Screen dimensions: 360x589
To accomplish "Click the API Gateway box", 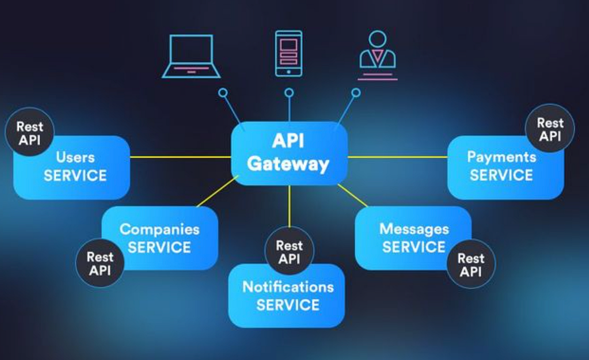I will coord(289,153).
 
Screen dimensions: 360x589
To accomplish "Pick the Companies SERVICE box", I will coord(160,238).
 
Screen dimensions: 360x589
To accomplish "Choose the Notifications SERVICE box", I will coord(287,297).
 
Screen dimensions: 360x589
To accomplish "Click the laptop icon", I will coord(191,56).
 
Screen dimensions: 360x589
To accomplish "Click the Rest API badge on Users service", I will coord(29,132).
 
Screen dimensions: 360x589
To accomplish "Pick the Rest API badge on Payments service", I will coord(550,129).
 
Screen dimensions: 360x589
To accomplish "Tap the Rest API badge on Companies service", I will coord(100,263).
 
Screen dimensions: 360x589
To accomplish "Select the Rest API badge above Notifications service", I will coord(289,251).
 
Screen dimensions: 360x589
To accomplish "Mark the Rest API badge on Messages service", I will coord(471,264).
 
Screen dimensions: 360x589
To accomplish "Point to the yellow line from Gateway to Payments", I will coord(398,157).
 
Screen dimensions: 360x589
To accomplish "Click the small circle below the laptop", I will coord(223,92).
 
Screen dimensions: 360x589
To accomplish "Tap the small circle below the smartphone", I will coord(289,92).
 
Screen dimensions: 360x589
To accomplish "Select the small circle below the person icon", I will coord(356,92).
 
